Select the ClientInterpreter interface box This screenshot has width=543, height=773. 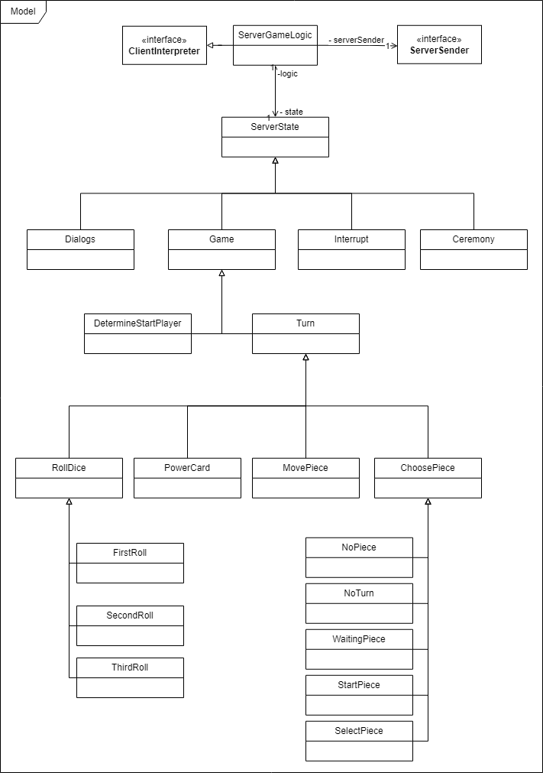pyautogui.click(x=164, y=45)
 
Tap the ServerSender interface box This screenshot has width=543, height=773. pyautogui.click(x=439, y=45)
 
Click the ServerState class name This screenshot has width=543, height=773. pyautogui.click(x=275, y=127)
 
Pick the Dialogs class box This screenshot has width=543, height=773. pyautogui.click(x=80, y=249)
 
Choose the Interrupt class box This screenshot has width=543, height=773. pyautogui.click(x=351, y=249)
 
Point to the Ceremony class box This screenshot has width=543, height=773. pyautogui.click(x=474, y=249)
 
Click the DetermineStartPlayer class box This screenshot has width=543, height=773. pyautogui.click(x=137, y=333)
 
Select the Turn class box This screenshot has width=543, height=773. pyautogui.click(x=305, y=333)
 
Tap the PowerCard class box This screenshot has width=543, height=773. pyautogui.click(x=187, y=478)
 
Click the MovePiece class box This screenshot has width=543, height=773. pyautogui.click(x=305, y=478)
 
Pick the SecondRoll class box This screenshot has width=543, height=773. pyautogui.click(x=130, y=625)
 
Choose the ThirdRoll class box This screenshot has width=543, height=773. pyautogui.click(x=130, y=677)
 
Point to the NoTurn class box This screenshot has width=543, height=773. pyautogui.click(x=359, y=603)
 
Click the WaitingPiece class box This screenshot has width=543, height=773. pyautogui.click(x=359, y=649)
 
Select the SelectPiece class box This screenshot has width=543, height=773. pyautogui.click(x=359, y=741)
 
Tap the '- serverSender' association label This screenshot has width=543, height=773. pyautogui.click(x=356, y=40)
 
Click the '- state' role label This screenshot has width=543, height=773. pyautogui.click(x=291, y=112)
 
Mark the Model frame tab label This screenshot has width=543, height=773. pyautogui.click(x=23, y=11)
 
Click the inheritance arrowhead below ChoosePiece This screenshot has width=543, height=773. pyautogui.click(x=428, y=502)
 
